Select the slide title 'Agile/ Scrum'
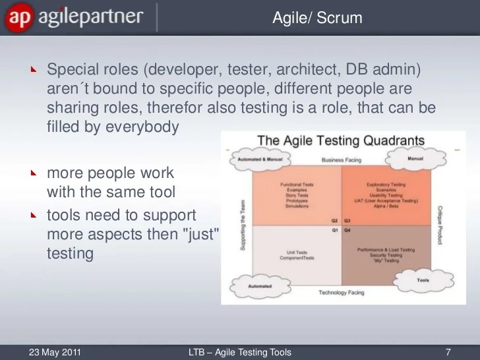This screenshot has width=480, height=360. click(318, 18)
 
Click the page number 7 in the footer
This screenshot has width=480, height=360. click(448, 352)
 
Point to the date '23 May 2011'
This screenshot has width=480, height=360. click(55, 352)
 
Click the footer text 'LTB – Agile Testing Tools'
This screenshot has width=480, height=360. click(239, 352)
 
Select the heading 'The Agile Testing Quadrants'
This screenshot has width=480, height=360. click(340, 140)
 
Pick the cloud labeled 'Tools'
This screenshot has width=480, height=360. click(423, 280)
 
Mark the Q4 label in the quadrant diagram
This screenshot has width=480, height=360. click(347, 231)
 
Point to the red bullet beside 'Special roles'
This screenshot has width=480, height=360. click(34, 69)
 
